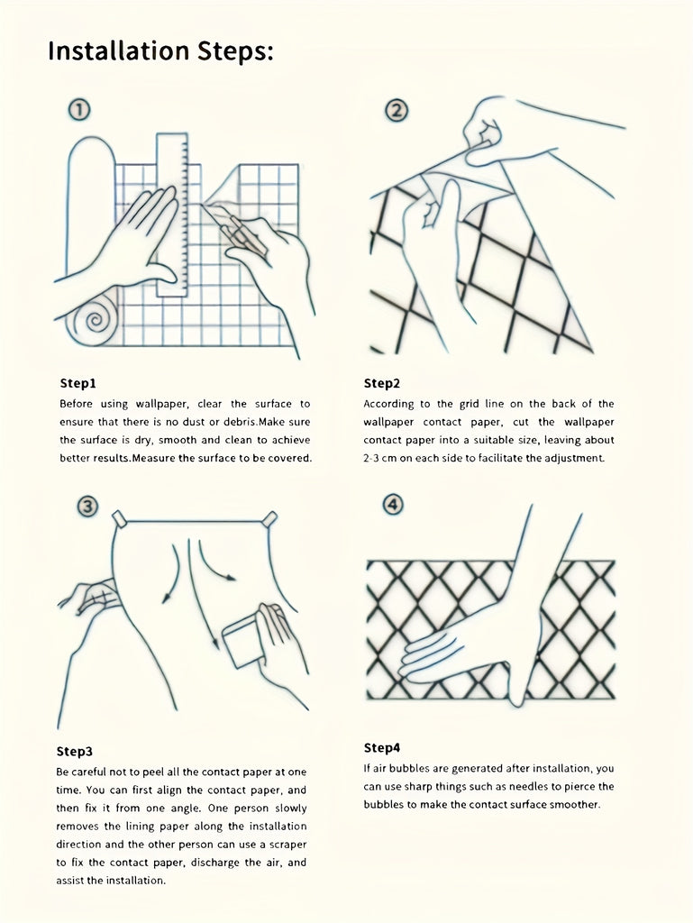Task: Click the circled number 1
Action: coord(79,110)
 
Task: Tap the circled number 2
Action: coord(396,111)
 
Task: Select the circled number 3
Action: coord(87,507)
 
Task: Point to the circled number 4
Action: coord(392,505)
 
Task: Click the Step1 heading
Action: coord(78,383)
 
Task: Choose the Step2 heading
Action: coord(382,383)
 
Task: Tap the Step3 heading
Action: coord(75,751)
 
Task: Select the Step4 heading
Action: coord(382,747)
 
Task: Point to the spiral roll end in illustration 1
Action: coord(93,322)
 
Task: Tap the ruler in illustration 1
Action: coord(172,215)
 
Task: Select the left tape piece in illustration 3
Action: coord(120,520)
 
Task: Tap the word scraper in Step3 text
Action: coord(287,844)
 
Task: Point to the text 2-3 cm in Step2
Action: coord(380,458)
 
